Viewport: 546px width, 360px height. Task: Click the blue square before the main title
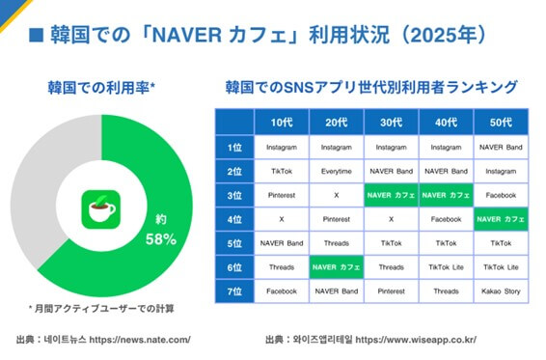pyautogui.click(x=36, y=37)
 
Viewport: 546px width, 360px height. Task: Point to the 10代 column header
pyautogui.click(x=282, y=122)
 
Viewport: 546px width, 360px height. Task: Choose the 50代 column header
pyautogui.click(x=501, y=122)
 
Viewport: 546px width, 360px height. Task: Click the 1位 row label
pyautogui.click(x=233, y=147)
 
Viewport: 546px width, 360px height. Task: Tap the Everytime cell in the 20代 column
pyautogui.click(x=337, y=171)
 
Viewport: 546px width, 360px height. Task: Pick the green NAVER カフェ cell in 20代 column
pyautogui.click(x=337, y=267)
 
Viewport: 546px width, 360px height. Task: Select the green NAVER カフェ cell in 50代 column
pyautogui.click(x=501, y=219)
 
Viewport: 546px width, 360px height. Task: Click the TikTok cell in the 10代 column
pyautogui.click(x=282, y=171)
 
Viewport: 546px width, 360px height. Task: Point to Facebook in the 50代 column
pyautogui.click(x=501, y=195)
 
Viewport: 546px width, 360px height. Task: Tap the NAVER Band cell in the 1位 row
pyautogui.click(x=501, y=147)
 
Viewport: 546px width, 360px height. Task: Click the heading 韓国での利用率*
pyautogui.click(x=101, y=90)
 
